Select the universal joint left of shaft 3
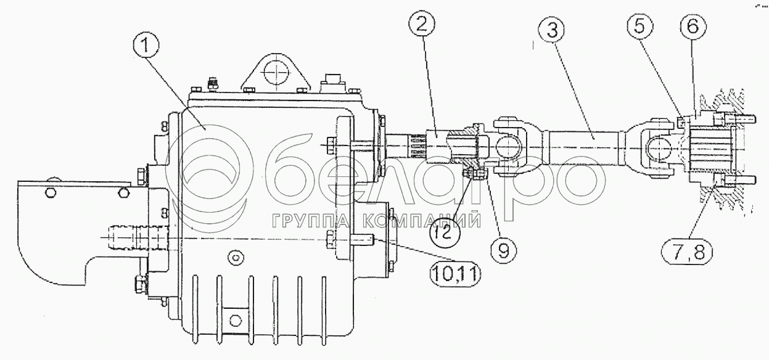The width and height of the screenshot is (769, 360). pyautogui.click(x=508, y=147)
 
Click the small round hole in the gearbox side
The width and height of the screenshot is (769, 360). pyautogui.click(x=232, y=254)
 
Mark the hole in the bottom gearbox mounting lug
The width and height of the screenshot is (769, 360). pyautogui.click(x=235, y=320)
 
